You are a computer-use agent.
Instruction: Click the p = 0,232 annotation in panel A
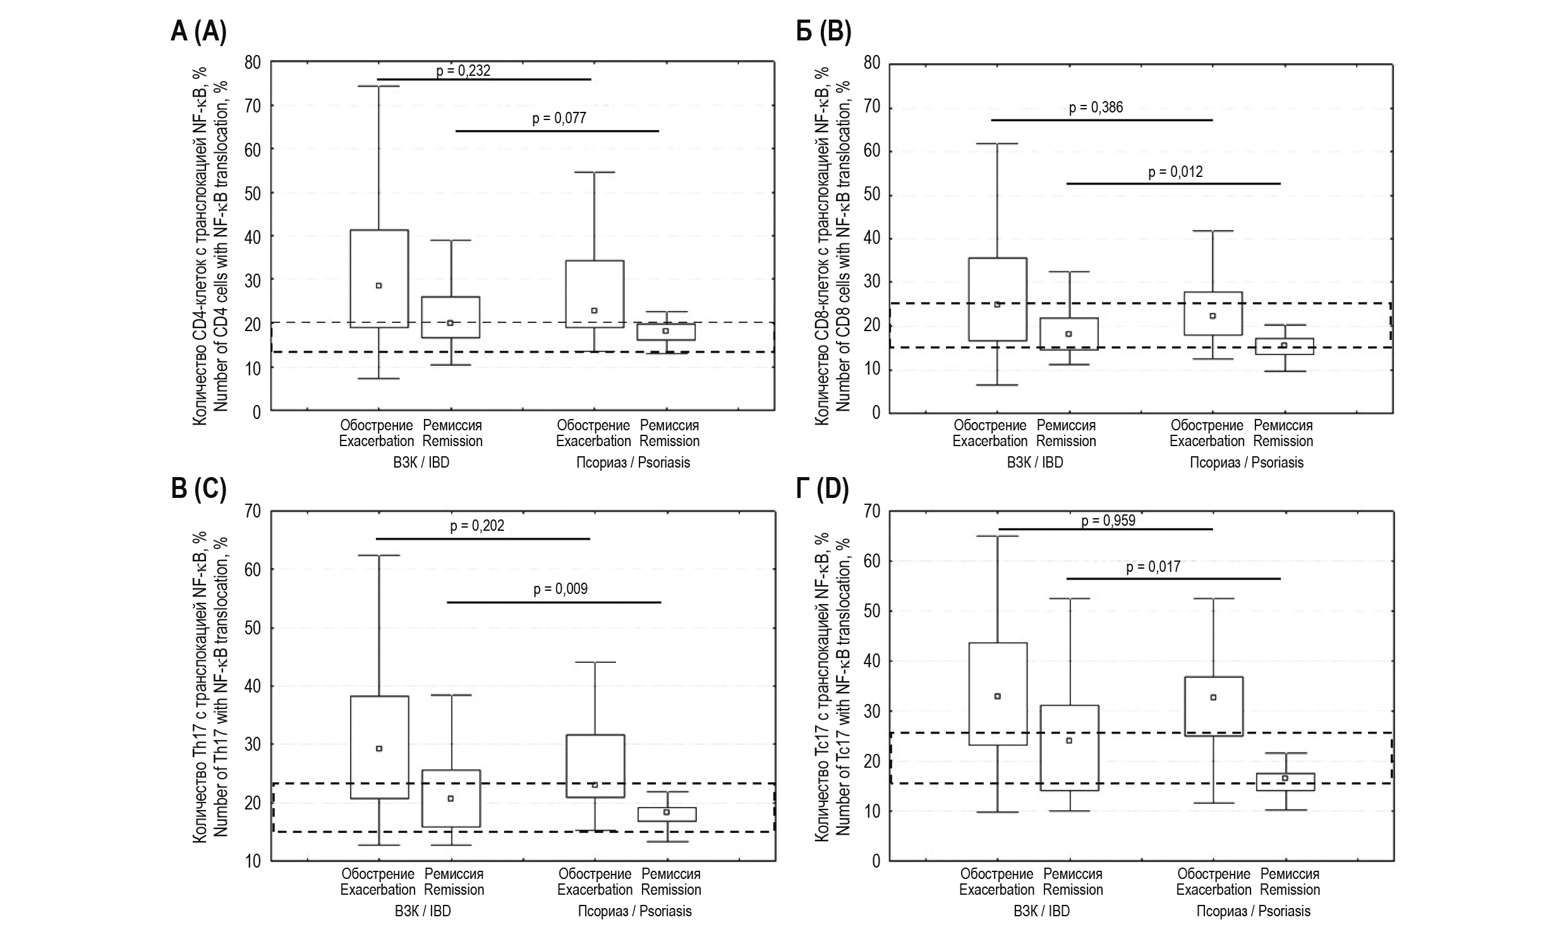(x=463, y=71)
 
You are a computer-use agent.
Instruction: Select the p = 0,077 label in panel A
(x=559, y=118)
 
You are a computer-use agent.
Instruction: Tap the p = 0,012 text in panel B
(x=1175, y=171)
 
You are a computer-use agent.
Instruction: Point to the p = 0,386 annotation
(x=1096, y=107)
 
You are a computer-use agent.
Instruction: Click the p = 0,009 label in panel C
(x=560, y=589)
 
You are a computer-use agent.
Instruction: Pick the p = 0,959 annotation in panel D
(x=1108, y=521)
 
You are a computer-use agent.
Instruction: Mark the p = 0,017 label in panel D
(x=1153, y=567)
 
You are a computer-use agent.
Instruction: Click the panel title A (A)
(x=198, y=31)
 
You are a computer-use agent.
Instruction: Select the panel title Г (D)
(x=822, y=489)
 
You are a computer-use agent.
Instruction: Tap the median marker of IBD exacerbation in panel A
(x=378, y=286)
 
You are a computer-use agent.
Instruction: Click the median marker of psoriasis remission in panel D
(x=1285, y=778)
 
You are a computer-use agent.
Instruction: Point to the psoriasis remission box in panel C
(x=667, y=814)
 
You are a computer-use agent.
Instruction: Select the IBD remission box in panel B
(x=1068, y=334)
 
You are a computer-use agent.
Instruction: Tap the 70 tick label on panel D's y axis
(x=871, y=511)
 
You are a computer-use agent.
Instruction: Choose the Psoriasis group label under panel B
(x=1246, y=463)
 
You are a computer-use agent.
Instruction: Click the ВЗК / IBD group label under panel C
(x=422, y=911)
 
